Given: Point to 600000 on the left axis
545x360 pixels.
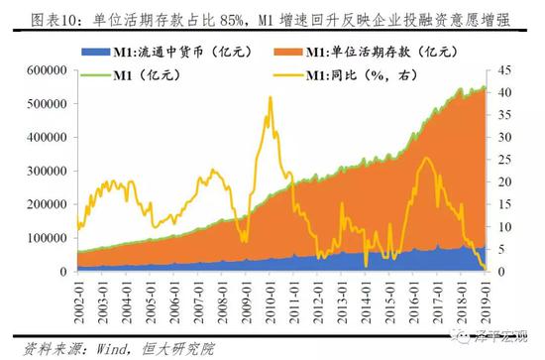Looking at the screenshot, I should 30,70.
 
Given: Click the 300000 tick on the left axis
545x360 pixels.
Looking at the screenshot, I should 30,171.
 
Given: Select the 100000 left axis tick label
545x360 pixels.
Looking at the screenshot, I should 30,238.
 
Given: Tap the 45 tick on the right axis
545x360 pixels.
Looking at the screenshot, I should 504,70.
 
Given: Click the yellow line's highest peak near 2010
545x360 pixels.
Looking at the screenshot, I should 270,97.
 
